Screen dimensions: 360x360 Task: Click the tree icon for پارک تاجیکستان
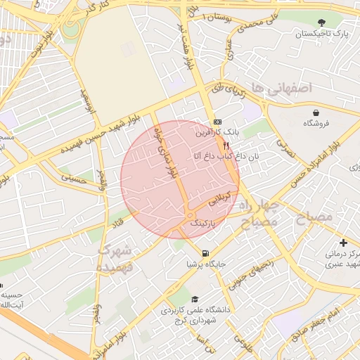pyautogui.click(x=322, y=23)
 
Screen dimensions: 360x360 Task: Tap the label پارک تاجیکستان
pyautogui.click(x=322, y=34)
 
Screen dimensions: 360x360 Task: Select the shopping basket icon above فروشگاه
pyautogui.click(x=317, y=112)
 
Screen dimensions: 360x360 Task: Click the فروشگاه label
pyautogui.click(x=317, y=123)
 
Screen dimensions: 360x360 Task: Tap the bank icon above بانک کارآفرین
pyautogui.click(x=217, y=121)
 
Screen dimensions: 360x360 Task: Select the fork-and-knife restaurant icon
pyautogui.click(x=226, y=145)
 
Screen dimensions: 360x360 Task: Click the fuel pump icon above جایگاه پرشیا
pyautogui.click(x=205, y=253)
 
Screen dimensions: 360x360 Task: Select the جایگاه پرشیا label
pyautogui.click(x=205, y=264)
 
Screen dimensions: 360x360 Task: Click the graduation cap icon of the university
pyautogui.click(x=195, y=298)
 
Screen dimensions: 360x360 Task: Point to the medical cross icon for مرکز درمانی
pyautogui.click(x=342, y=243)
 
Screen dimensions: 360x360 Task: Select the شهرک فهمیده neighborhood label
pyautogui.click(x=114, y=257)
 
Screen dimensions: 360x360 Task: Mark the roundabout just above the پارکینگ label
pyautogui.click(x=190, y=214)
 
